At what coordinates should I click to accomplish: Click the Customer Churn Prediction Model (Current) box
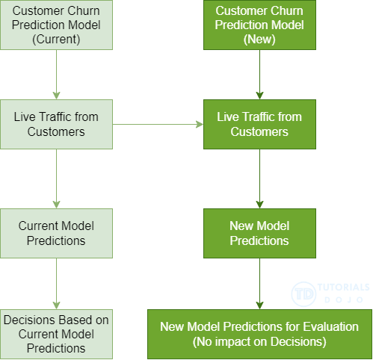[x=56, y=25]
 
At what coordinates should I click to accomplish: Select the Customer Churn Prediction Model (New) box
[x=259, y=25]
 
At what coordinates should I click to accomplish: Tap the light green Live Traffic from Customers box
[x=56, y=125]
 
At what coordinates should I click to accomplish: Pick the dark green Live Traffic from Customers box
[x=259, y=125]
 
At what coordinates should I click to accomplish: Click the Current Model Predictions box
[x=56, y=233]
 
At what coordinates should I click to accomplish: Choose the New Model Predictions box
[x=259, y=233]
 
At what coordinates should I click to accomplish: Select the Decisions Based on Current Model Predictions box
[x=56, y=334]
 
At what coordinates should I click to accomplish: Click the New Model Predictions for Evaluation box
[x=259, y=334]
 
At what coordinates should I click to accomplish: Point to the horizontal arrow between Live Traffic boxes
[x=158, y=125]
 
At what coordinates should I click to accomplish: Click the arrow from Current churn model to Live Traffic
[x=56, y=75]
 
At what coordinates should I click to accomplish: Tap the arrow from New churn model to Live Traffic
[x=259, y=75]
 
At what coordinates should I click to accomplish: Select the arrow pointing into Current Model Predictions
[x=56, y=179]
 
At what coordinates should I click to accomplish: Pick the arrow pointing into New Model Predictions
[x=259, y=179]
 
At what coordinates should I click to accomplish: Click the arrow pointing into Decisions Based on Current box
[x=56, y=284]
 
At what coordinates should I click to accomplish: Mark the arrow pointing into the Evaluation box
[x=259, y=284]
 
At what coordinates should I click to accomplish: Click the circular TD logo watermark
[x=303, y=294]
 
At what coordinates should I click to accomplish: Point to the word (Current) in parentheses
[x=56, y=40]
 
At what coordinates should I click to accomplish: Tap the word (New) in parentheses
[x=259, y=40]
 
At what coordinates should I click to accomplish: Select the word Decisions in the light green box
[x=31, y=320]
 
